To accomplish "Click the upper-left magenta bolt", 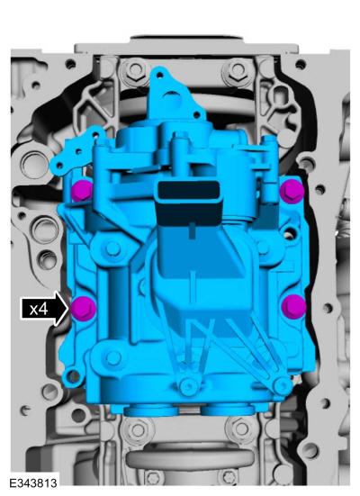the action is click(82, 190).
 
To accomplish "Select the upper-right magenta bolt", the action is click(292, 191).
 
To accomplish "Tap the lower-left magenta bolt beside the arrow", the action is click(83, 308).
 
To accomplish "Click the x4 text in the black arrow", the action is click(39, 309).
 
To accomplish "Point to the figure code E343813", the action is click(33, 483).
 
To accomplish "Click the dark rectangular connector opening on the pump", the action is click(188, 191).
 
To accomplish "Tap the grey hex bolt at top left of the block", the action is click(136, 69).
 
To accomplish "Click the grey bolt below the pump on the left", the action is click(138, 430).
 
